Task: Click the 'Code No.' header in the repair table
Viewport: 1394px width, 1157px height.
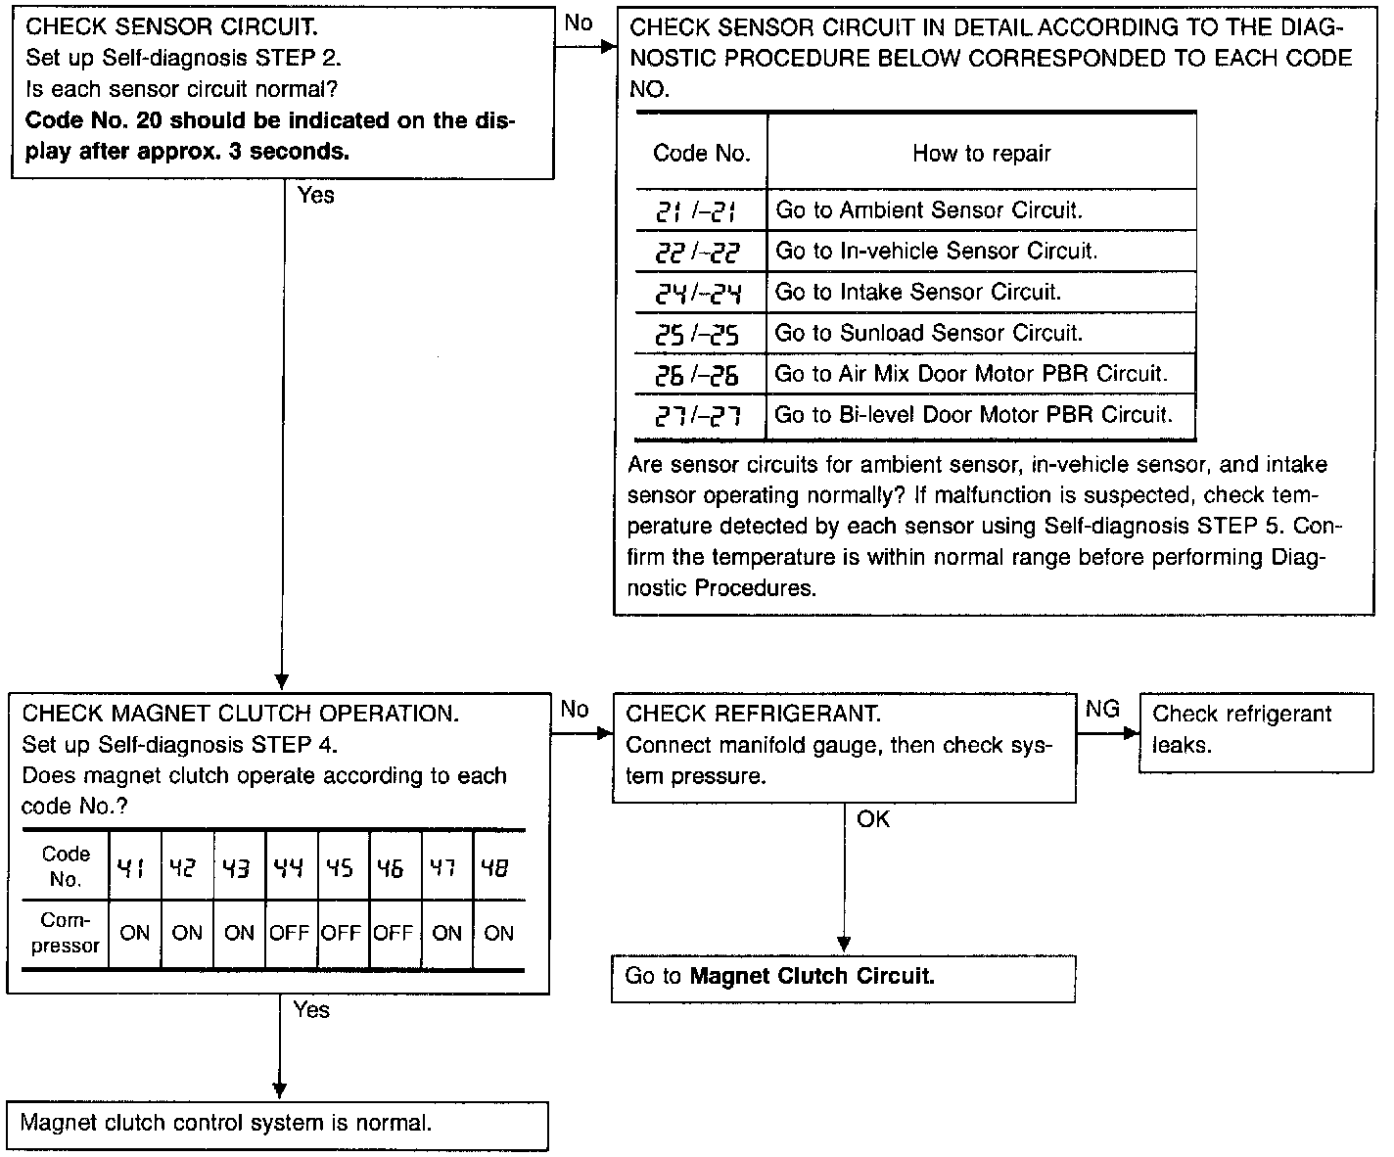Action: coord(701,154)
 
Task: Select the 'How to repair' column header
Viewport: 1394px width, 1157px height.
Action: coord(981,154)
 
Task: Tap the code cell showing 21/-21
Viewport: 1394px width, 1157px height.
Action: coord(701,211)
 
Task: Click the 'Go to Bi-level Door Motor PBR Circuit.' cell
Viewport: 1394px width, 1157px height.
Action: coord(973,415)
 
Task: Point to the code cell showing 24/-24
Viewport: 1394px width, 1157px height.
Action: coord(701,293)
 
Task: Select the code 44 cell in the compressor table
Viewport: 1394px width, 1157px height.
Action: coord(289,867)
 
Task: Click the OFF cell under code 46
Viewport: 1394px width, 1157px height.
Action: coord(393,934)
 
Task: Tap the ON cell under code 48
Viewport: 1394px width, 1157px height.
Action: coord(498,934)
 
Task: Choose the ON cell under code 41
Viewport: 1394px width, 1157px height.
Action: coord(134,934)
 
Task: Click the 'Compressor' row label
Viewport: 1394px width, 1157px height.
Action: coord(66,934)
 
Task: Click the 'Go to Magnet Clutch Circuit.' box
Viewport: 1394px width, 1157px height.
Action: coord(779,977)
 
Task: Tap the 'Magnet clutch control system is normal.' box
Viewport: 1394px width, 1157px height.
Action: coord(225,1124)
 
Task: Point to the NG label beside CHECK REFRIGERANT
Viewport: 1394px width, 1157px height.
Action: coord(1102,710)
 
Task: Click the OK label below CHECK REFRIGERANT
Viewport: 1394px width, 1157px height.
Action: coord(873,819)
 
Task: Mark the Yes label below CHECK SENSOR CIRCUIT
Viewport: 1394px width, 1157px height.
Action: coord(316,196)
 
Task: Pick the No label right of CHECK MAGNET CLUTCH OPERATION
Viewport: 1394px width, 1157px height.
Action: coord(576,710)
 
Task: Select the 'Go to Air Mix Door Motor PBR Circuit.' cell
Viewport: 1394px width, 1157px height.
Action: coord(971,374)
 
